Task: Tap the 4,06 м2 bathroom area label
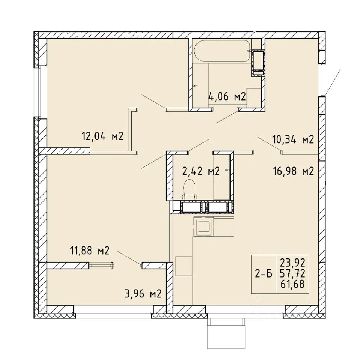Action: [227, 96]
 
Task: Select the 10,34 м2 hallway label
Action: [293, 139]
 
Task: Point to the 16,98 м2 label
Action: [293, 171]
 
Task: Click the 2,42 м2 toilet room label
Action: [201, 171]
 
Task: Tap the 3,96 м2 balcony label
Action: [143, 294]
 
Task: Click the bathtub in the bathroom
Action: [222, 51]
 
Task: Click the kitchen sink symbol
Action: [204, 226]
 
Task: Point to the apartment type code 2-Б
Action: [264, 274]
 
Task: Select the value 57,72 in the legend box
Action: [293, 273]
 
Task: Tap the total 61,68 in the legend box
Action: [293, 284]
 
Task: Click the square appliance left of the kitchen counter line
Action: [183, 266]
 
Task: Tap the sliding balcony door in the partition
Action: [101, 265]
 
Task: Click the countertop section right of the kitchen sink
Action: [224, 226]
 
